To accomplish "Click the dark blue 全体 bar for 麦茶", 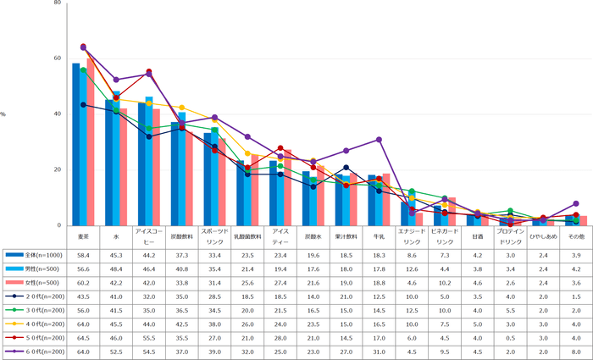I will (x=76, y=144).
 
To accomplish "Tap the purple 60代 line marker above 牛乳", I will (x=380, y=139).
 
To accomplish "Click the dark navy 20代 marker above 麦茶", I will (x=83, y=104).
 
